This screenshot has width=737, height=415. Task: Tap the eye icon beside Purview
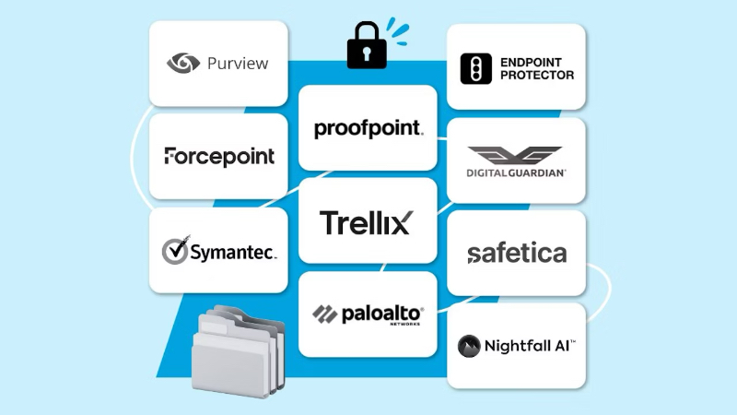(x=183, y=63)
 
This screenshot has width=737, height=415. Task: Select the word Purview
(x=238, y=64)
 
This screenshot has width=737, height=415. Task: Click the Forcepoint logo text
(x=219, y=156)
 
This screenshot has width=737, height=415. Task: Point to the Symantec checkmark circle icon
(x=175, y=250)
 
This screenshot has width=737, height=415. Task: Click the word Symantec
(x=233, y=253)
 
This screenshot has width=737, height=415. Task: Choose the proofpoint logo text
(x=368, y=128)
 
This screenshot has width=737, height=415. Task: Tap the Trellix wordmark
(x=366, y=222)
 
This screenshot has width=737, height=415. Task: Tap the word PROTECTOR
(x=537, y=75)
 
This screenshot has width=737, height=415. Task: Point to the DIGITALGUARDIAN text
(x=516, y=172)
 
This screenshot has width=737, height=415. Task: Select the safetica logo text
(x=516, y=253)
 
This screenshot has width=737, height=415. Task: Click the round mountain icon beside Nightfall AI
(x=471, y=346)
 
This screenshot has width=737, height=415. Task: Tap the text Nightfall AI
(x=530, y=346)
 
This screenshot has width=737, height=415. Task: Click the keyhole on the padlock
(x=366, y=54)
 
